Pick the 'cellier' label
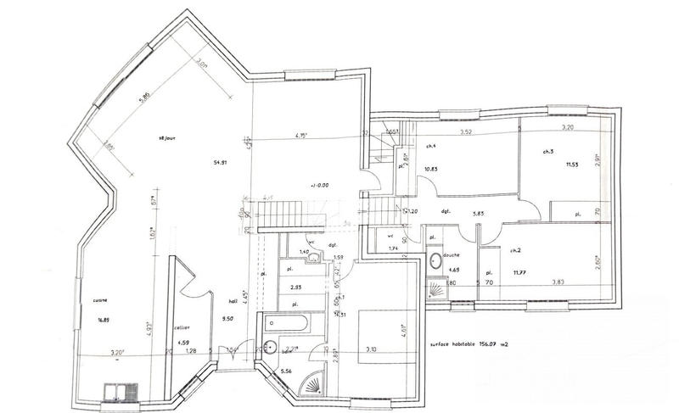coord(181,327)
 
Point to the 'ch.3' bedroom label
coord(547,152)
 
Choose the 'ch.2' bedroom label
coord(515,251)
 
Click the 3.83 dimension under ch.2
coord(558,282)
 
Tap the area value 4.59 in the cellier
coord(184,342)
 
